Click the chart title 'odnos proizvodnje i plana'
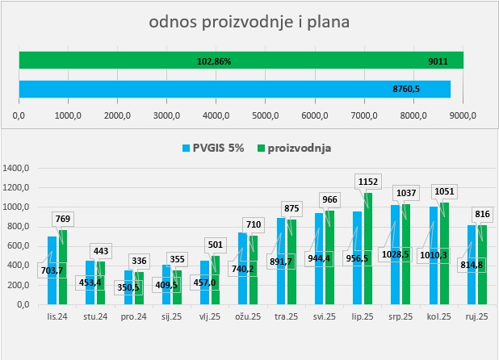(249, 22)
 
